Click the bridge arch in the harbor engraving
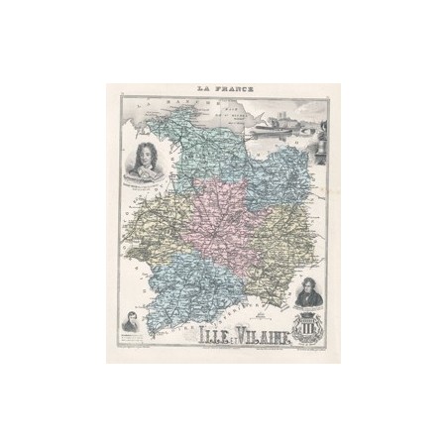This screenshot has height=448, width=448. point(313,127)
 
